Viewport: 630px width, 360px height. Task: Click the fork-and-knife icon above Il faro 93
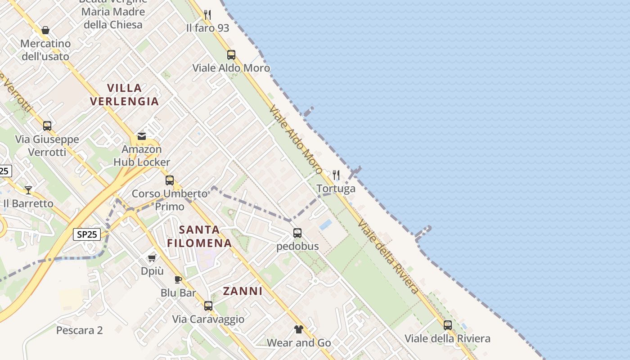(207, 15)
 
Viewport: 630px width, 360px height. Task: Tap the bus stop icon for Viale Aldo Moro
(231, 55)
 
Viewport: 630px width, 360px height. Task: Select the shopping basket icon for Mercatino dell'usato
(45, 30)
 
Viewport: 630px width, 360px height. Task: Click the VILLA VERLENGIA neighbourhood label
(125, 94)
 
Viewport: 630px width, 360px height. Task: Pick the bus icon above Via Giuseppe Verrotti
(47, 126)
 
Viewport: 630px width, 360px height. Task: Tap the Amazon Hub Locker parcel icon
(142, 136)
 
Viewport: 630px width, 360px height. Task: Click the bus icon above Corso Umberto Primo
(170, 180)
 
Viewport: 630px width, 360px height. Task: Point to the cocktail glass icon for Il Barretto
(28, 190)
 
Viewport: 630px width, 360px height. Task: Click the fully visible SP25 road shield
(87, 234)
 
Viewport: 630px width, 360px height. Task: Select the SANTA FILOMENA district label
(199, 236)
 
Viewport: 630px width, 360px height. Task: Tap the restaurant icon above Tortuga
(336, 175)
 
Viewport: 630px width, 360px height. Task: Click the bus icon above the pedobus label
(297, 233)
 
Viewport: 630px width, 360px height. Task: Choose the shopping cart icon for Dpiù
(152, 258)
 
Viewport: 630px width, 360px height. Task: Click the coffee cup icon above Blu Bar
(178, 279)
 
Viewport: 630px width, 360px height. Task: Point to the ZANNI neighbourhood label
(243, 291)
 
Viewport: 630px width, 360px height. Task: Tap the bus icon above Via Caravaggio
(208, 306)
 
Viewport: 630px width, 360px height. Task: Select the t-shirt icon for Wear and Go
(299, 329)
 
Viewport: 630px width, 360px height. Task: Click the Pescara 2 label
(80, 330)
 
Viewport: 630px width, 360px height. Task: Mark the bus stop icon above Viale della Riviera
(448, 325)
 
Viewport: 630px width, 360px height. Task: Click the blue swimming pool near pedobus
(326, 224)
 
